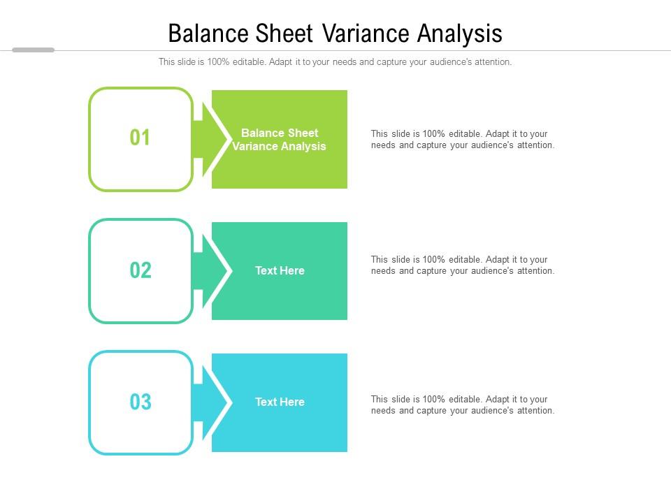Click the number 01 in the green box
click(x=140, y=138)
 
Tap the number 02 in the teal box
click(x=140, y=270)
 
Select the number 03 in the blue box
click(x=140, y=402)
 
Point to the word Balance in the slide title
click(x=205, y=34)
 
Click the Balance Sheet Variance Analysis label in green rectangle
click(x=280, y=140)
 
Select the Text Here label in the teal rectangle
click(x=280, y=271)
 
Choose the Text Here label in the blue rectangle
click(x=280, y=402)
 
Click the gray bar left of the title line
click(x=33, y=50)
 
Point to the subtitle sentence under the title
click(x=335, y=62)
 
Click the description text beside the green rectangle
click(x=462, y=140)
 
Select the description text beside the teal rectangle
click(x=462, y=265)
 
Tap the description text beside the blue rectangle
click(x=462, y=405)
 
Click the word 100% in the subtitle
click(x=219, y=62)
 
